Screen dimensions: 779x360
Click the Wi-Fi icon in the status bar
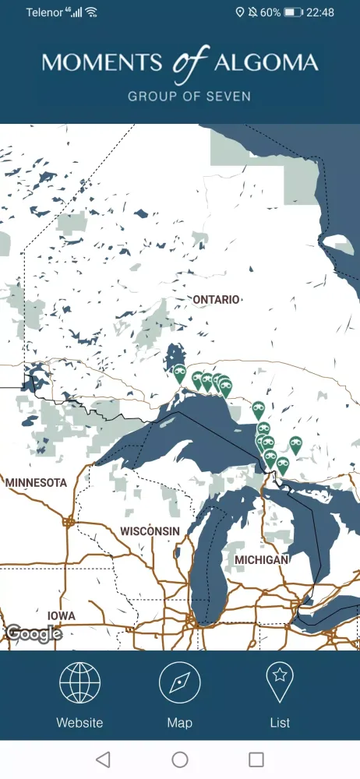pyautogui.click(x=91, y=12)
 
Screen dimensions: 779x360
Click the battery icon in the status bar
pyautogui.click(x=293, y=12)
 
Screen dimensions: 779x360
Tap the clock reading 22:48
pyautogui.click(x=320, y=12)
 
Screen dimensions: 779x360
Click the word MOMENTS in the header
pyautogui.click(x=102, y=63)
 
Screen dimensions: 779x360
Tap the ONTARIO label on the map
pyautogui.click(x=217, y=299)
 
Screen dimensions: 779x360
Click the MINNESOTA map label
pyautogui.click(x=36, y=483)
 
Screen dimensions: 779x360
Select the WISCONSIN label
pyautogui.click(x=150, y=531)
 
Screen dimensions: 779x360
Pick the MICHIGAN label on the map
pyautogui.click(x=261, y=560)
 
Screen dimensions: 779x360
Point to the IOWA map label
pyautogui.click(x=62, y=616)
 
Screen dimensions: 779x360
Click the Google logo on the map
pyautogui.click(x=34, y=634)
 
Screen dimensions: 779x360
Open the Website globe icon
pyautogui.click(x=79, y=683)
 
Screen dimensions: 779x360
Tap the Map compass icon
pyautogui.click(x=180, y=683)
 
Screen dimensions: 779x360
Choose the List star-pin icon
pyautogui.click(x=280, y=683)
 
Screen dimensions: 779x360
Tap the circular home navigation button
pyautogui.click(x=180, y=760)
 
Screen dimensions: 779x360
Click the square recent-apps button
pyautogui.click(x=256, y=760)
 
